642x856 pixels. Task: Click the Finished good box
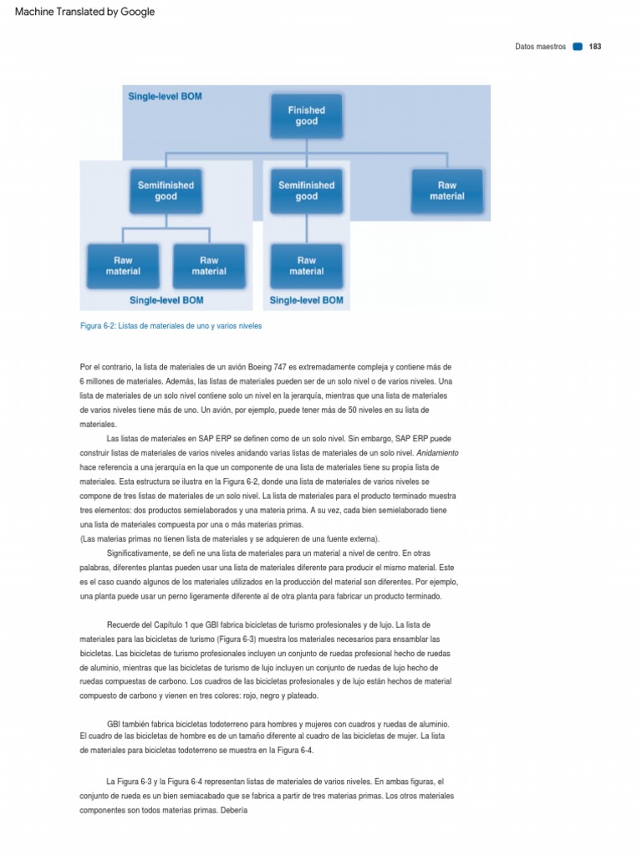[x=307, y=115]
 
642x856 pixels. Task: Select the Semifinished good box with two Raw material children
[x=166, y=191]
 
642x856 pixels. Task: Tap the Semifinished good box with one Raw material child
[x=307, y=191]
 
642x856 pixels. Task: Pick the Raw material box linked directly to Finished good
[x=447, y=191]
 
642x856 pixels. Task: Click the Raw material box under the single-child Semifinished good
[x=307, y=266]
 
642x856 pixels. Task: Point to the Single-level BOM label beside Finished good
[x=165, y=96]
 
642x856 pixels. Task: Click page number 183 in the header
[x=595, y=47]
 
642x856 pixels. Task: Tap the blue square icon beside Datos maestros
[x=578, y=47]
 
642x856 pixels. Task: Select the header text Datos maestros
[x=540, y=47]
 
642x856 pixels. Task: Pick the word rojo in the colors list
[x=256, y=695]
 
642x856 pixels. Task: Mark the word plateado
[x=300, y=695]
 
